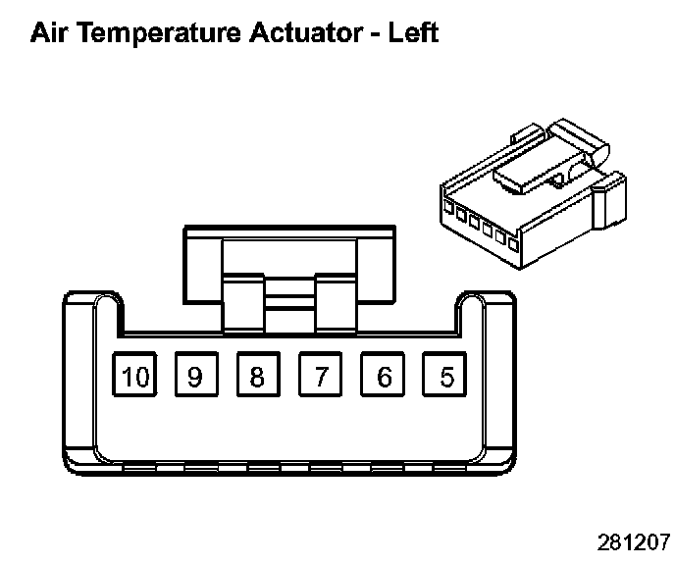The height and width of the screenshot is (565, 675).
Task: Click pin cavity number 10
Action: point(134,375)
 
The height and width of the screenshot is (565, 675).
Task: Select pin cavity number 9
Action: point(196,375)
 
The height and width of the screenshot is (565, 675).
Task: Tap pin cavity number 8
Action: point(258,375)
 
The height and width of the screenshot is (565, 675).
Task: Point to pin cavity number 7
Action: point(320,375)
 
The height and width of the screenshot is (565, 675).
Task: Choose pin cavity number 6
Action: point(383,375)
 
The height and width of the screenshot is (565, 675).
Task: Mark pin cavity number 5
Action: point(444,375)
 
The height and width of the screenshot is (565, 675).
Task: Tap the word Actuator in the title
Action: point(306,32)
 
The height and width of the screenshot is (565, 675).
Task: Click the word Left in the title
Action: point(413,32)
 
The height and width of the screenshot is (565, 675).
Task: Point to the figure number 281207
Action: point(634,542)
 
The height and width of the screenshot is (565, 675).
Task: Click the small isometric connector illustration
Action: point(533,193)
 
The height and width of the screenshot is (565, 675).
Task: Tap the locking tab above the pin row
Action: point(289,279)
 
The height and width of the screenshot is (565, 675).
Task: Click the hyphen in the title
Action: point(376,35)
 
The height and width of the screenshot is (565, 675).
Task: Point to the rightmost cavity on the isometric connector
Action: point(513,244)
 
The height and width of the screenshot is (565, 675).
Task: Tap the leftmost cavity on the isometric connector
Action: point(448,208)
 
